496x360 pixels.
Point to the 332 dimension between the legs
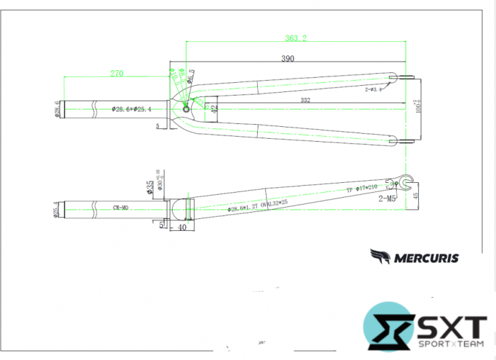coord(305,101)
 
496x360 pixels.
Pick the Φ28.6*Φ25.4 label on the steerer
coord(133,109)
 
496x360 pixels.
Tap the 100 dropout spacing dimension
coord(418,108)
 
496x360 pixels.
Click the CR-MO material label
coord(120,208)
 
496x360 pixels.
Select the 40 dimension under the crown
coord(182,227)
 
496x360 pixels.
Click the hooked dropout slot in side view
coord(406,181)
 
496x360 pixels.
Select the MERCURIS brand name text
coord(424,258)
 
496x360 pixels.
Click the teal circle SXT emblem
coord(389,327)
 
